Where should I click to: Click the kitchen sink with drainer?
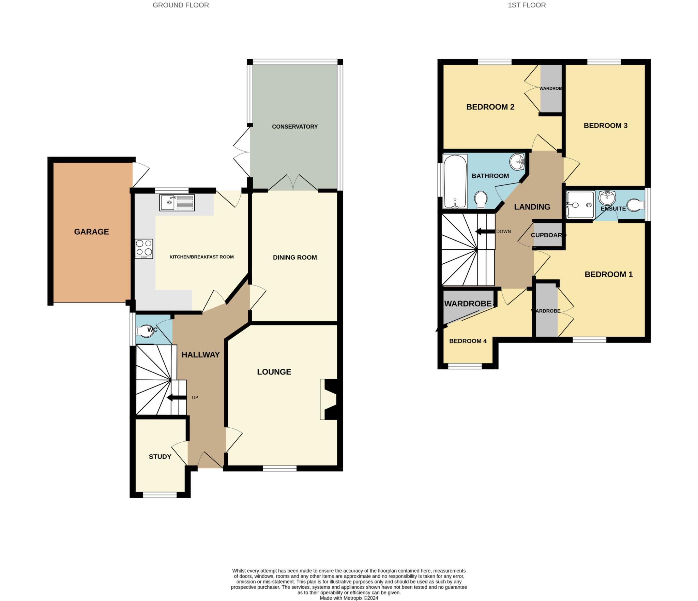[177, 203]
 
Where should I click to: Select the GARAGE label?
[91, 232]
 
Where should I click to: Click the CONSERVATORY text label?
[294, 127]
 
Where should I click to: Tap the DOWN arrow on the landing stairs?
[485, 232]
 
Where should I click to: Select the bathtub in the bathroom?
[455, 181]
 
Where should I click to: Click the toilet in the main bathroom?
[481, 200]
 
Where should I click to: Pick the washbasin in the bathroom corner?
[517, 161]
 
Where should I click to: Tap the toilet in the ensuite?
[636, 205]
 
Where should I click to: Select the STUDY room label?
[160, 457]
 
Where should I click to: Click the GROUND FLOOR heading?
[181, 5]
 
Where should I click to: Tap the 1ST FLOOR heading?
[527, 5]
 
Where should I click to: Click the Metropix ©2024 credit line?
[349, 598]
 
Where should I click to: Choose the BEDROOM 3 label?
[605, 126]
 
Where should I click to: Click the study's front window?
[160, 495]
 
